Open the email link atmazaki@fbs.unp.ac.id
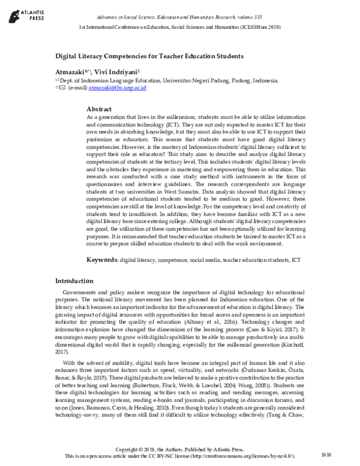[117, 88]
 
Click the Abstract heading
[100, 110]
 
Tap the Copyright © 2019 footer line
[179, 449]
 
